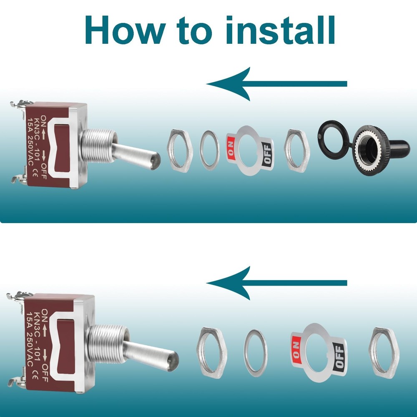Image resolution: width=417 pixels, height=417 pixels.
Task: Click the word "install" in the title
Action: (x=280, y=30)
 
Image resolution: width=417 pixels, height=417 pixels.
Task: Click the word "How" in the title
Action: (x=124, y=30)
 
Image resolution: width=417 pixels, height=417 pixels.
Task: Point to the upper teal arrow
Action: (x=276, y=84)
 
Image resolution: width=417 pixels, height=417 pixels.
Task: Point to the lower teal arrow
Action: (x=276, y=283)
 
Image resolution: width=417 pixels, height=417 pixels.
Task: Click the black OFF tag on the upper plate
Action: (x=267, y=155)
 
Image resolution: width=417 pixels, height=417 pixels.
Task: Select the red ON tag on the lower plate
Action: (x=296, y=349)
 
